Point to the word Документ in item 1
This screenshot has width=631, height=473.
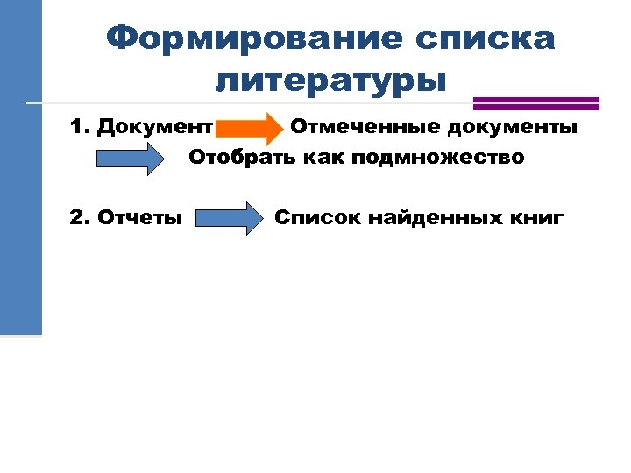click(x=155, y=128)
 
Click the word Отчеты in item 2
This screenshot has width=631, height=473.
click(x=141, y=217)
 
